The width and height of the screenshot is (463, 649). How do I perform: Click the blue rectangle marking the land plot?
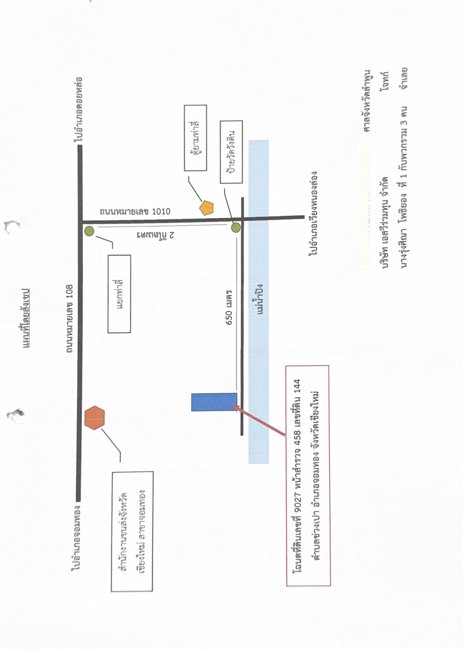pos(214,402)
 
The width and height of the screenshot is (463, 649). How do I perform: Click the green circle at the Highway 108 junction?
pos(89,231)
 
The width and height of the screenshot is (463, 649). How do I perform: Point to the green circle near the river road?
pos(236,228)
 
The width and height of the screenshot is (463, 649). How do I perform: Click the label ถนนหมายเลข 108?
pos(70,319)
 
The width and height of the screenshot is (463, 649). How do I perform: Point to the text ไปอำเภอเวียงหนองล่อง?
pos(313,213)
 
